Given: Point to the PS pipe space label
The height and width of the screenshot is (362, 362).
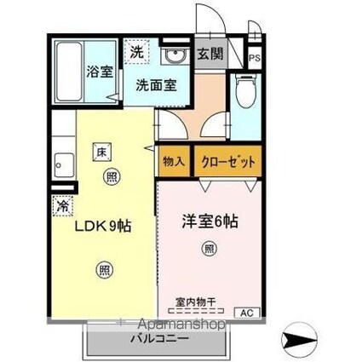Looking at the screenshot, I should coord(254,58).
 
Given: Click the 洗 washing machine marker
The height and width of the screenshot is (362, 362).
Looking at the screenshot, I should coord(136,52).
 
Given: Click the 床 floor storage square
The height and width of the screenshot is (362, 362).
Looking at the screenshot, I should coord(100,151).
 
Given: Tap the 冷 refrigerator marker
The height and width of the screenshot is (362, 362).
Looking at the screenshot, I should coord(61,204).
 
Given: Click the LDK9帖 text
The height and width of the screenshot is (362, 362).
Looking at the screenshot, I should coord(101,228).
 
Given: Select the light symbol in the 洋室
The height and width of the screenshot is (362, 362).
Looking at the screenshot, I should coord(208,249).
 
